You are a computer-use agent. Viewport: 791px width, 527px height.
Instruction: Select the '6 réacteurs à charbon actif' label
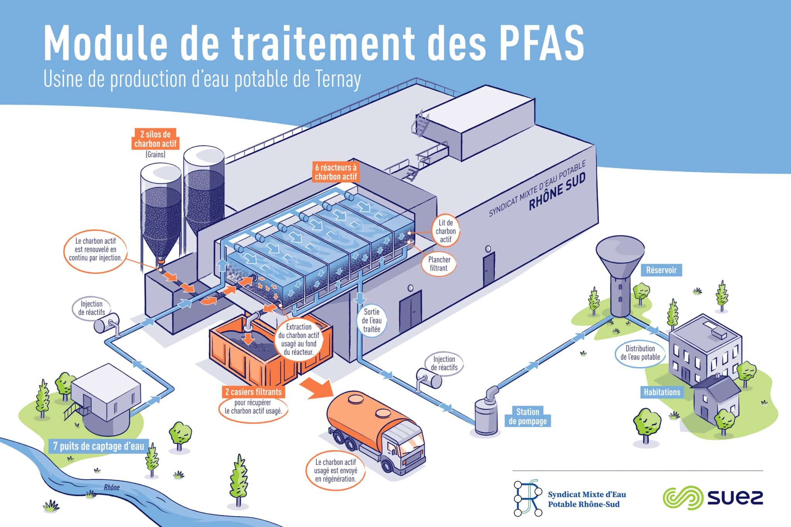coord(336,172)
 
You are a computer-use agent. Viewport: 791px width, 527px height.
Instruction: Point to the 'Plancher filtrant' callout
coord(439,264)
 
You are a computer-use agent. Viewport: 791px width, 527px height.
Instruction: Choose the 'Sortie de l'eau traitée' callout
coord(372,320)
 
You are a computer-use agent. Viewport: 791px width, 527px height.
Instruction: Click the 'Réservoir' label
coord(662,270)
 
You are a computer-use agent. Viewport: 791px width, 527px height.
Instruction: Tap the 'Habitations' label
coord(662,392)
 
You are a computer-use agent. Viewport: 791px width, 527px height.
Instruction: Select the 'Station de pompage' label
coord(528,416)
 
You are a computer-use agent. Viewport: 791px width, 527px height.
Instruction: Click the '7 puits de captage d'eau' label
coord(98,447)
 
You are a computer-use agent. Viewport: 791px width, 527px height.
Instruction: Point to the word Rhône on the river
coord(112,488)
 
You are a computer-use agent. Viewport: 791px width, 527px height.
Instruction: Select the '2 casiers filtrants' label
coord(253,392)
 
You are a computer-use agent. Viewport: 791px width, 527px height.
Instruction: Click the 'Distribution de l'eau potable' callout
coord(640,352)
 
